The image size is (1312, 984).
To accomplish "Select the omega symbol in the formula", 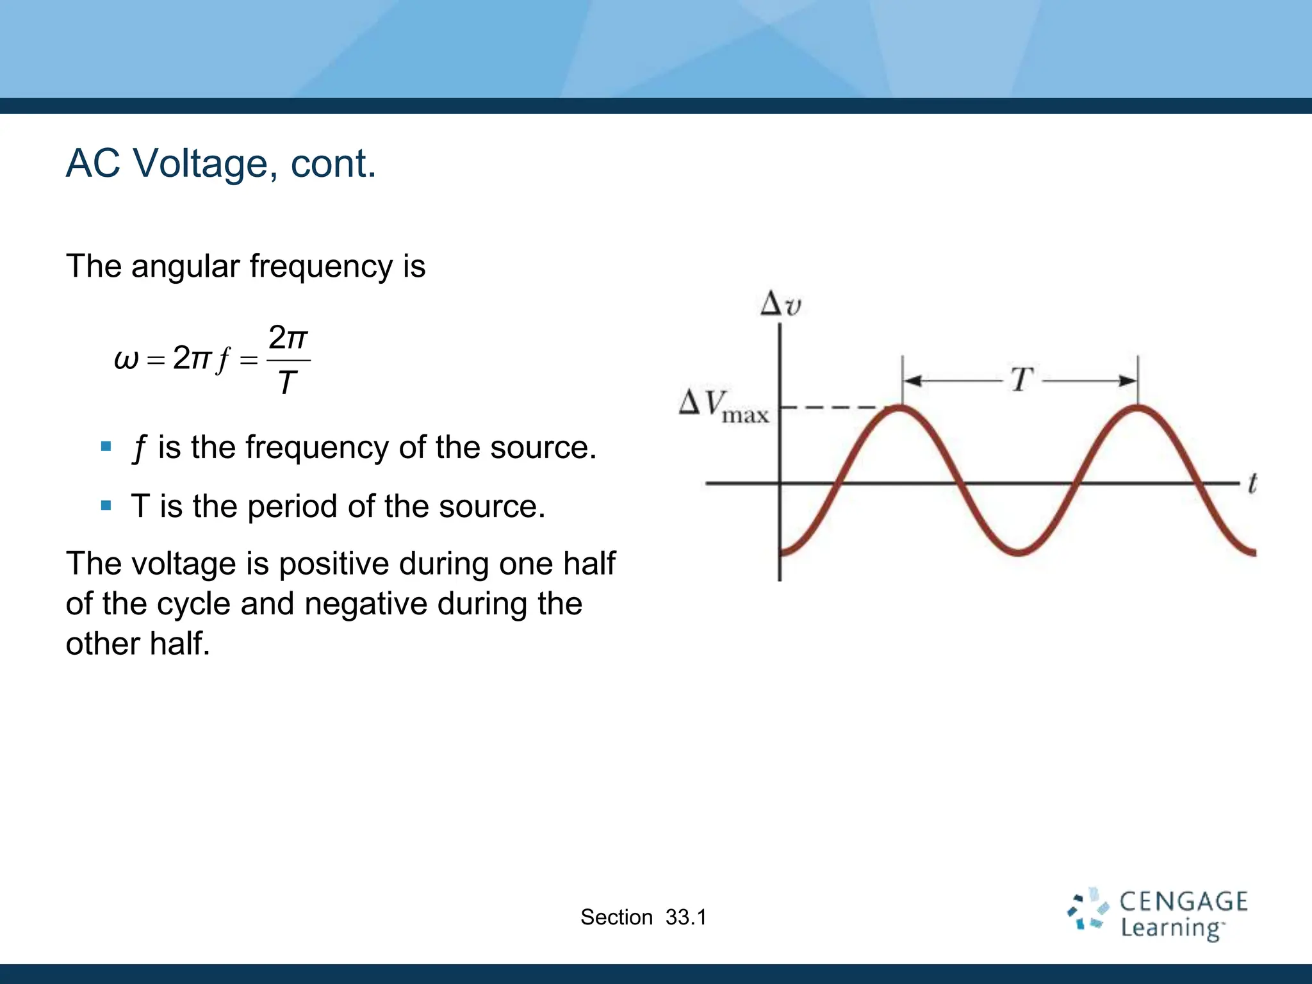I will tap(126, 359).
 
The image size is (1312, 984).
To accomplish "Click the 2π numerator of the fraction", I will tap(288, 338).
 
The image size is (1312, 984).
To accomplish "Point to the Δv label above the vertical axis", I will tap(780, 305).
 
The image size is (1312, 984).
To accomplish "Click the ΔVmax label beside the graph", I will tap(724, 406).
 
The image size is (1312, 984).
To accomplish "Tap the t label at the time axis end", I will tap(1251, 483).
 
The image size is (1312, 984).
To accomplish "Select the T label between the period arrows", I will tap(1021, 380).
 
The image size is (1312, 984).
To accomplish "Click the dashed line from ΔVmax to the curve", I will tap(833, 407).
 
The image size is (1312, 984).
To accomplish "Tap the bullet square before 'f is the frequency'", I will tap(106, 447).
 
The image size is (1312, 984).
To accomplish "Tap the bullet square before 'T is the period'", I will tap(106, 506).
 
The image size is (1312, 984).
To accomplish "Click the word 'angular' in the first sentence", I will tap(185, 266).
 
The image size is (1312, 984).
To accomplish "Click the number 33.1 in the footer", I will tap(685, 917).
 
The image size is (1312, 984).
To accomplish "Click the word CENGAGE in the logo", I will tap(1183, 902).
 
